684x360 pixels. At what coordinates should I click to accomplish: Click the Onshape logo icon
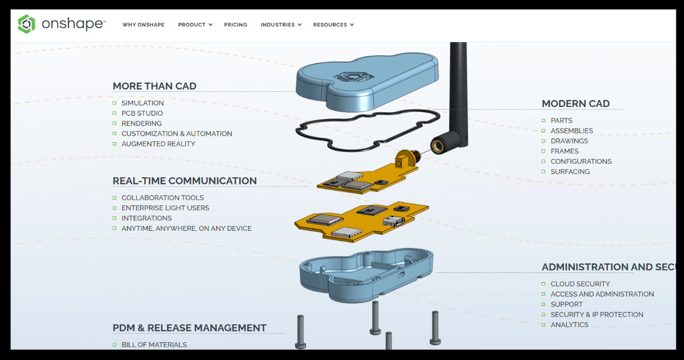coord(26,24)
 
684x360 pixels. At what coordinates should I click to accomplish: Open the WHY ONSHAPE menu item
coord(143,25)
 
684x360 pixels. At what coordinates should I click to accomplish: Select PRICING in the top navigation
coord(236,25)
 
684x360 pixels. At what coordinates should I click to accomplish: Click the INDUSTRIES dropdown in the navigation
coord(280,25)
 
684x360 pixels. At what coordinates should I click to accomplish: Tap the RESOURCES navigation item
coord(333,25)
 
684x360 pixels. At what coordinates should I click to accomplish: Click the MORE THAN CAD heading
coord(155,86)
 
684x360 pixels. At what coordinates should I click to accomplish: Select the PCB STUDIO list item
coord(142,114)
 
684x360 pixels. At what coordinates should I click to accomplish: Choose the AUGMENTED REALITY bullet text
coord(158,144)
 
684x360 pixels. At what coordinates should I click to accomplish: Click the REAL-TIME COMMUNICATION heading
coord(185,181)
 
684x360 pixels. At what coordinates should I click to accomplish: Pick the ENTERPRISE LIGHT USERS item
coord(165,208)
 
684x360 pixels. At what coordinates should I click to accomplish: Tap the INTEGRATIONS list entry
coord(146,218)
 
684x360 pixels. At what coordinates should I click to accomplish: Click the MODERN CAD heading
coord(576,104)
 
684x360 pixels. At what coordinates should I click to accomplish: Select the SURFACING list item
coord(570,172)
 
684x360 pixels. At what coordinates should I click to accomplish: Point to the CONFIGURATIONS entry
coord(581,162)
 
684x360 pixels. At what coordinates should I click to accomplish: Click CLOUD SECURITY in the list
coord(580,284)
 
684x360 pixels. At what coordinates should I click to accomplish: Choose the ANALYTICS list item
coord(569,325)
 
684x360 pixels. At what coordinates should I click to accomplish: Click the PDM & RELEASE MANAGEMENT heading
coord(190,328)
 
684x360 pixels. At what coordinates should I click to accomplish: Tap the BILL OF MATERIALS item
coord(154,345)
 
